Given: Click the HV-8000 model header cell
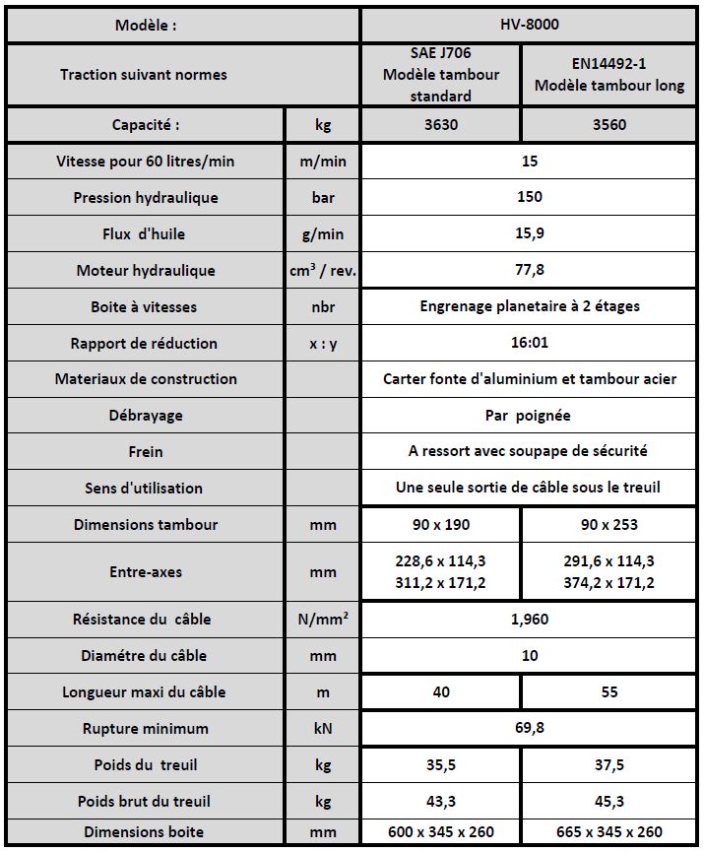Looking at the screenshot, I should pyautogui.click(x=530, y=26).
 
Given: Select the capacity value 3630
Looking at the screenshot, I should pyautogui.click(x=441, y=125).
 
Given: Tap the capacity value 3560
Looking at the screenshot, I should pyautogui.click(x=609, y=125).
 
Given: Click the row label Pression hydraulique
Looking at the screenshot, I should pyautogui.click(x=146, y=198).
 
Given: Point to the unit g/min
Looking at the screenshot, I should pyautogui.click(x=323, y=234).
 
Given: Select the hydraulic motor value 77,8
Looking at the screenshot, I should pyautogui.click(x=530, y=270).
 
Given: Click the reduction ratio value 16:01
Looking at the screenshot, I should pyautogui.click(x=530, y=343).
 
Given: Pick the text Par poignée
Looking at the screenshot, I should pyautogui.click(x=530, y=416).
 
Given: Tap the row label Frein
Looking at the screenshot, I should pyautogui.click(x=146, y=452).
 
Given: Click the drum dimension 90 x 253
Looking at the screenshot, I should pyautogui.click(x=609, y=525).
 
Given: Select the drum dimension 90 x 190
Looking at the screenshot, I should pyautogui.click(x=441, y=525).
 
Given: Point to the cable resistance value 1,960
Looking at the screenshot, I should pyautogui.click(x=530, y=620).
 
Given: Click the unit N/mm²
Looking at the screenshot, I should pyautogui.click(x=323, y=620).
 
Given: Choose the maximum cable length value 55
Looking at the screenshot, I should pyautogui.click(x=609, y=692).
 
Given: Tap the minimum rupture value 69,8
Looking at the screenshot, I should pyautogui.click(x=530, y=729).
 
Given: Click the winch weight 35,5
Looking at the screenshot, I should pyautogui.click(x=441, y=765).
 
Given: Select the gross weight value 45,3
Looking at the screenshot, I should pyautogui.click(x=609, y=802).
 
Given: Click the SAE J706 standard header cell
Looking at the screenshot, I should pyautogui.click(x=441, y=75).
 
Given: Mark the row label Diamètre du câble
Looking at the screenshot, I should pyautogui.click(x=146, y=656).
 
